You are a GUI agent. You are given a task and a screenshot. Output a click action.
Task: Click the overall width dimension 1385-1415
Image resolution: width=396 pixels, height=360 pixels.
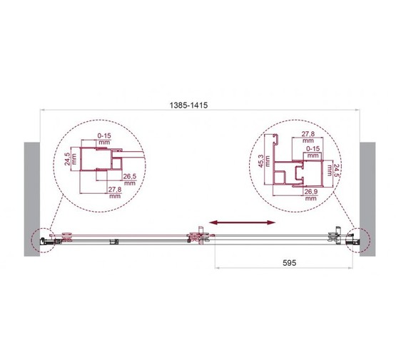pyautogui.click(x=188, y=105)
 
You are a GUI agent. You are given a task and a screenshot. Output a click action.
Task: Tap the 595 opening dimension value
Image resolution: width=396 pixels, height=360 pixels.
pyautogui.click(x=289, y=263)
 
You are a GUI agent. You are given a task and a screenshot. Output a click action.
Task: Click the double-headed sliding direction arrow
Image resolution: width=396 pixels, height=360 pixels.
pyautogui.click(x=243, y=222)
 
